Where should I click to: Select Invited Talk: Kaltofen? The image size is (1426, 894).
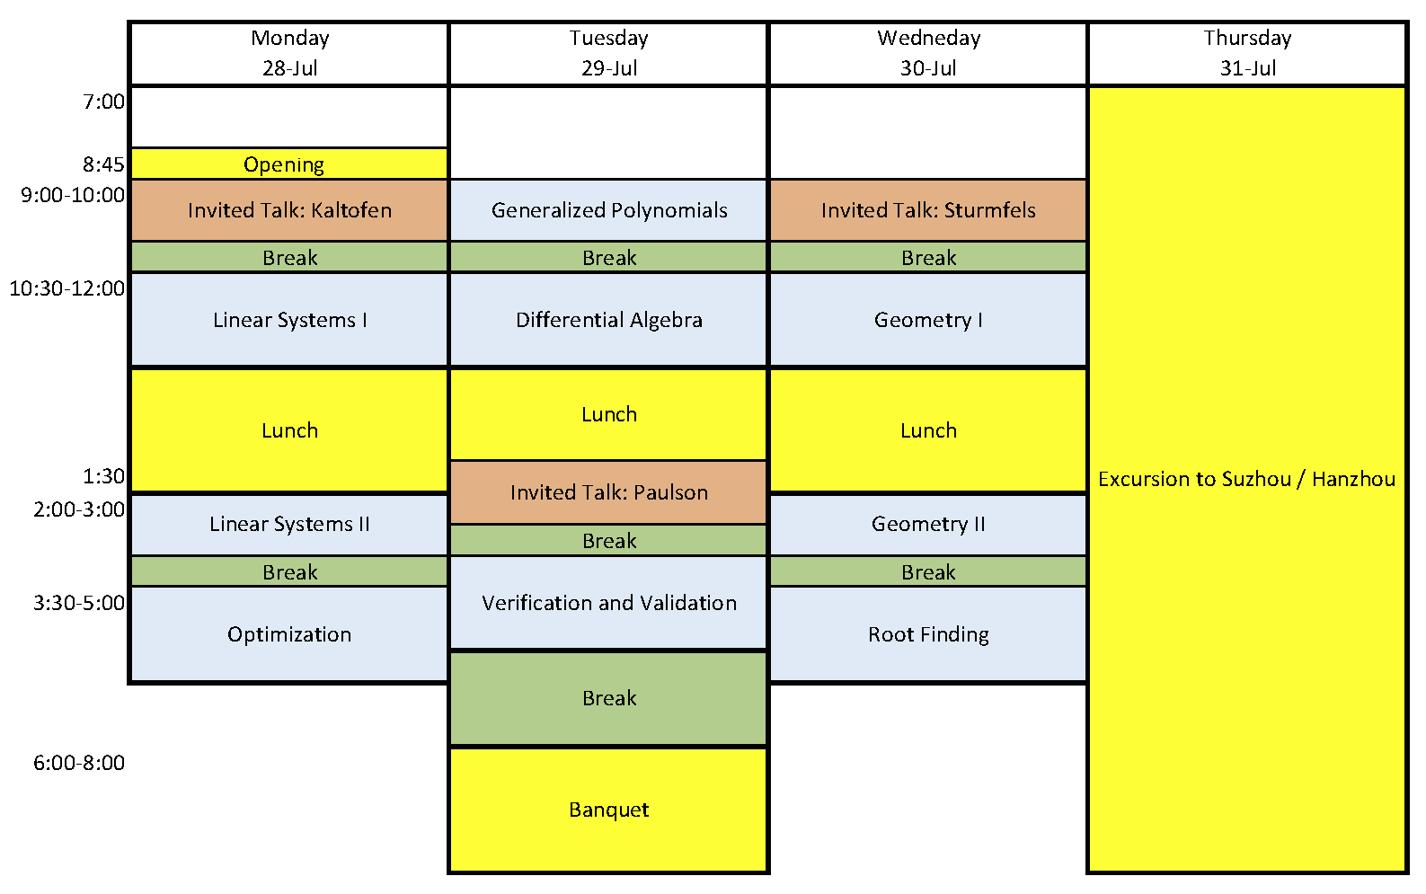[x=289, y=210]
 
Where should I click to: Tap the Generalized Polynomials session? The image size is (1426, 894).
[x=608, y=210]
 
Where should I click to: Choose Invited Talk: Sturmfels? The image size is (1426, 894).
[x=928, y=210]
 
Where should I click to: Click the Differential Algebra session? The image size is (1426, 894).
[x=608, y=320]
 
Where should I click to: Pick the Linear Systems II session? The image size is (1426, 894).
[x=289, y=524]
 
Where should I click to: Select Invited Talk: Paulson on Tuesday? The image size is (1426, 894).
[x=608, y=492]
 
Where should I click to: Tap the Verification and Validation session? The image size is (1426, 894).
[x=608, y=603]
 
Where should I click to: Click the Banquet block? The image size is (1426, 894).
[x=608, y=810]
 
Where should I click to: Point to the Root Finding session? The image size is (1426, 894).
[x=928, y=634]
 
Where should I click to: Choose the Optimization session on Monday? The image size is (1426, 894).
[x=289, y=634]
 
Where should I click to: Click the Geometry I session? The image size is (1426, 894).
[x=928, y=320]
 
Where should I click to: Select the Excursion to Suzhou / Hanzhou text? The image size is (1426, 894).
[x=1246, y=479]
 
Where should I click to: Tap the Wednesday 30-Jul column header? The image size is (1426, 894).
[x=928, y=53]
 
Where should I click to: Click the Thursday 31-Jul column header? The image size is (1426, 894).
[x=1247, y=53]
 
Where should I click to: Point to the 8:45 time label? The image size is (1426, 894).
[x=103, y=164]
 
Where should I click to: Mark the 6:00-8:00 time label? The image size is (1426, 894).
[x=79, y=763]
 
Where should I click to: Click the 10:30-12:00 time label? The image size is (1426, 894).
[x=67, y=288]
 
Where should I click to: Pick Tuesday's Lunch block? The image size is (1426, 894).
[x=608, y=414]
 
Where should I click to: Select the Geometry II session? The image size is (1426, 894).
[x=928, y=524]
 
